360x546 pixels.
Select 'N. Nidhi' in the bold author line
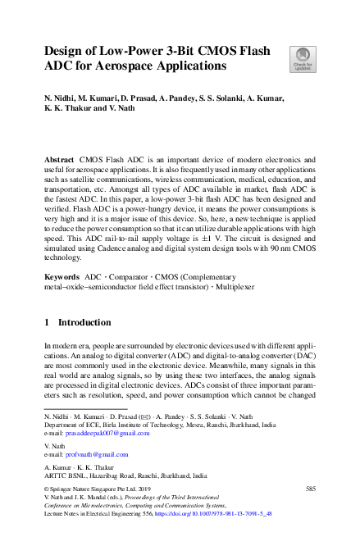(x=62, y=98)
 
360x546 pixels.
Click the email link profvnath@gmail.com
(x=93, y=453)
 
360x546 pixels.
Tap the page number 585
(x=310, y=489)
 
